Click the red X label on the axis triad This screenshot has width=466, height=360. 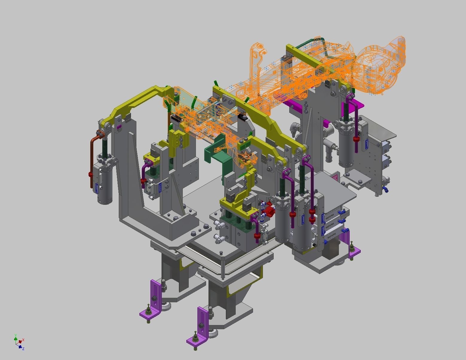23,340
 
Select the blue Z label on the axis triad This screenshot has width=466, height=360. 23,349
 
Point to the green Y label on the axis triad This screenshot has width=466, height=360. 15,335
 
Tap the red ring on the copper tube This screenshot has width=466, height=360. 90,174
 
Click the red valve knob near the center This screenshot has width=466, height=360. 270,209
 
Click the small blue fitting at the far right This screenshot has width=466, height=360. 386,189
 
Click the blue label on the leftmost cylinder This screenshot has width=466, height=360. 97,188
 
